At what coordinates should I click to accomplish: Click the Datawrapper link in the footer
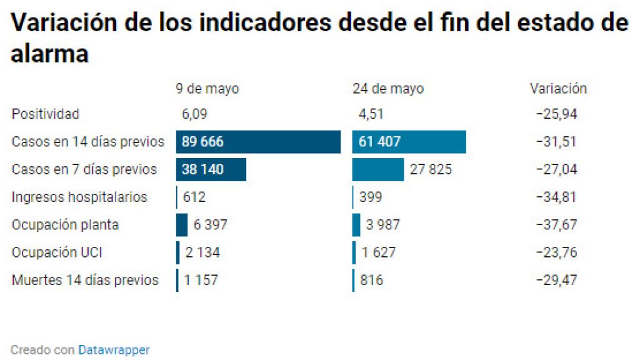[x=114, y=350]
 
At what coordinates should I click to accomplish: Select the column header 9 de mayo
[x=207, y=89]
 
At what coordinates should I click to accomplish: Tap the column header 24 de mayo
[x=387, y=89]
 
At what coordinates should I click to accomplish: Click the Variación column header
[x=558, y=89]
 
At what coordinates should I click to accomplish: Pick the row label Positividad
[x=46, y=114]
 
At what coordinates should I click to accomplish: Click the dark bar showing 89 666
[x=258, y=142]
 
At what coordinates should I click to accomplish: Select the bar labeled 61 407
[x=409, y=142]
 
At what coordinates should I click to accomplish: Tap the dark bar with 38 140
[x=211, y=169]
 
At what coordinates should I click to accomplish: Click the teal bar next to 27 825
[x=378, y=169]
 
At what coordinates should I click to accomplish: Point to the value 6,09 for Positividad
[x=194, y=114]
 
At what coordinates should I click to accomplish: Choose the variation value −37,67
[x=556, y=224]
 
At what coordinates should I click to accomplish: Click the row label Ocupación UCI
[x=57, y=252]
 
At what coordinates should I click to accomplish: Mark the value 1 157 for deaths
[x=201, y=280]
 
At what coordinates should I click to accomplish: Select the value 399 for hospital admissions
[x=371, y=197]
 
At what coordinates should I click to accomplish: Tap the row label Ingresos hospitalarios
[x=79, y=197]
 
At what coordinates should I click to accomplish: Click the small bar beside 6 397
[x=182, y=224]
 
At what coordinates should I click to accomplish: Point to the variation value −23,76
[x=556, y=252]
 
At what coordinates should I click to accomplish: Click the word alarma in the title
[x=50, y=54]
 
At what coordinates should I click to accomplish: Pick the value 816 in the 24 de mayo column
[x=371, y=280]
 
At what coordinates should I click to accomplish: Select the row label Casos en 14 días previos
[x=87, y=142]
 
